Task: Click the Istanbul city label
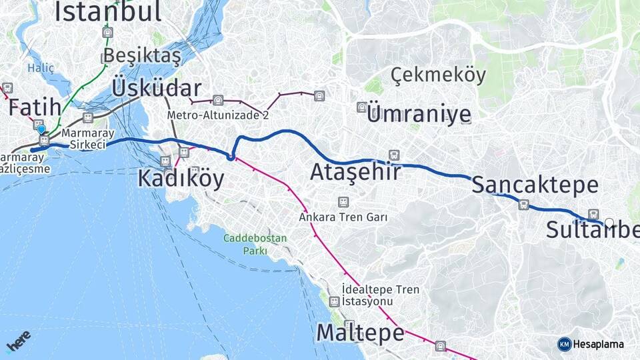(108, 11)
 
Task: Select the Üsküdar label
(157, 88)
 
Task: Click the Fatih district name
(35, 107)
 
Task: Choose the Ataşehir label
(355, 172)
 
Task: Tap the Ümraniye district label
(419, 114)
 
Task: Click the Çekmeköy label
(438, 75)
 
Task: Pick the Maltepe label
(360, 332)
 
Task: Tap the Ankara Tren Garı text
(343, 217)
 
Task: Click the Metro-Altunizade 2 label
(217, 115)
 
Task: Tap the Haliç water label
(40, 67)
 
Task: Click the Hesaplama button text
(598, 344)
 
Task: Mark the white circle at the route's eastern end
(609, 223)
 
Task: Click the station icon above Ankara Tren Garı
(343, 201)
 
